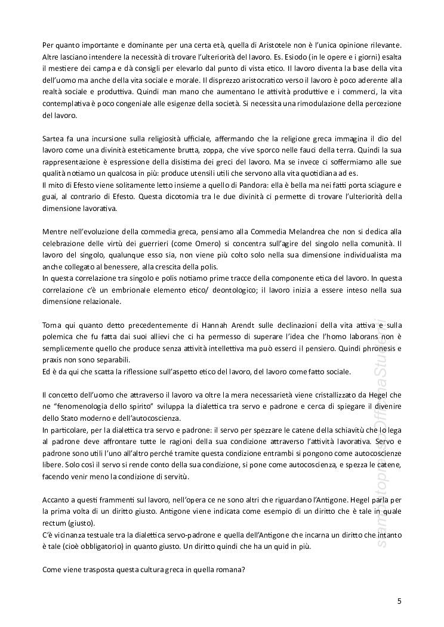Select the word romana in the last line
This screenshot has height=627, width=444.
(223, 569)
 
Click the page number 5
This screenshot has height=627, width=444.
(399, 601)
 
